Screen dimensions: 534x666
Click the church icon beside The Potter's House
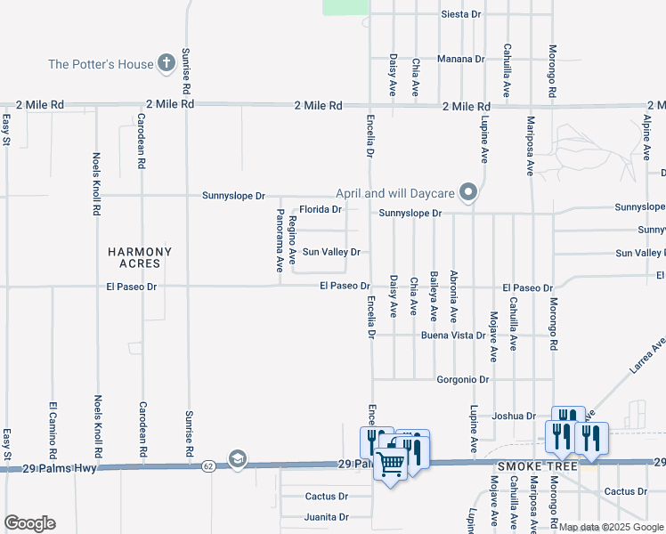coord(165,63)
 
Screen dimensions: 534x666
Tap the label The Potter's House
coord(100,64)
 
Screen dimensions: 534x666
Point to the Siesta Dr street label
coord(461,15)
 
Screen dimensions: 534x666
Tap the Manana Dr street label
coord(460,60)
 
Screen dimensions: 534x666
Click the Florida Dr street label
coord(320,210)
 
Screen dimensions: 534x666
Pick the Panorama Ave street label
coord(280,240)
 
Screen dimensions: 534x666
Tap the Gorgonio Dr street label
coord(463,379)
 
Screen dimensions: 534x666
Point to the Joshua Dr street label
coord(514,416)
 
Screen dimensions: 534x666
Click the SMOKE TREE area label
coord(524,466)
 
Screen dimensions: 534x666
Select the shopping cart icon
coord(390,463)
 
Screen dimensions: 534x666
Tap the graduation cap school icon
coord(237,458)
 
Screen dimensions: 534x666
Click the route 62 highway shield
coord(207,465)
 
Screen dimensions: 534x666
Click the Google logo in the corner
coord(29,523)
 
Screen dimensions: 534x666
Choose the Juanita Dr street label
coord(325,516)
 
